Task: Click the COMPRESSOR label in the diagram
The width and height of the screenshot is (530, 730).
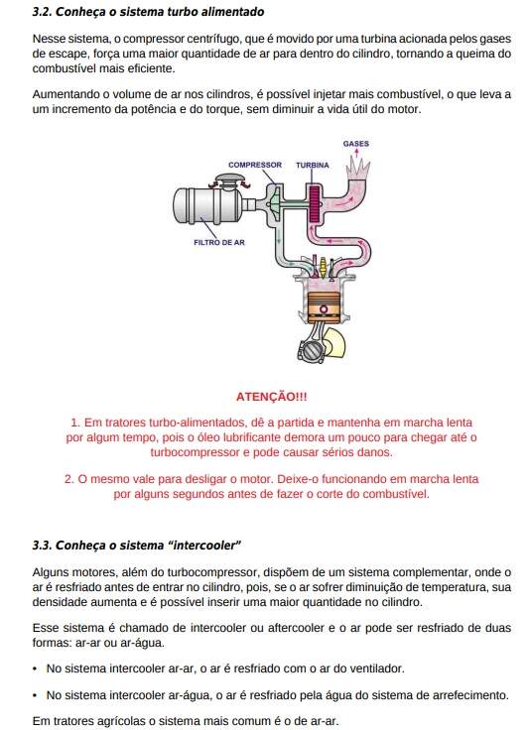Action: (x=255, y=165)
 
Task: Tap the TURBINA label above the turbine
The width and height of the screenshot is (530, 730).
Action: (x=312, y=166)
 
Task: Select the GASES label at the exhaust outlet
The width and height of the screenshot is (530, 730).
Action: (x=356, y=144)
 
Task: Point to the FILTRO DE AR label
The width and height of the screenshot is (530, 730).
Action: (x=219, y=243)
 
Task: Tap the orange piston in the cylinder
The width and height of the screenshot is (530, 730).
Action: (x=324, y=307)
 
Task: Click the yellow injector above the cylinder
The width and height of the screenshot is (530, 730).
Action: (x=323, y=266)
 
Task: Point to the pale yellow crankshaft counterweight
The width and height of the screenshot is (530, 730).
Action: (x=335, y=342)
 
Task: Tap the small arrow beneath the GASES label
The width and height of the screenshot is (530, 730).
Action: (x=356, y=153)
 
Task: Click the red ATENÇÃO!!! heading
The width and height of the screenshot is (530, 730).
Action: (x=272, y=397)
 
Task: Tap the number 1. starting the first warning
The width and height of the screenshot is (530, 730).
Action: (x=75, y=423)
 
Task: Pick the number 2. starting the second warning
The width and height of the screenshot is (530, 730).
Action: (x=68, y=479)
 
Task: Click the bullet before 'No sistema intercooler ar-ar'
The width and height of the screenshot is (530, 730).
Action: (x=35, y=669)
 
